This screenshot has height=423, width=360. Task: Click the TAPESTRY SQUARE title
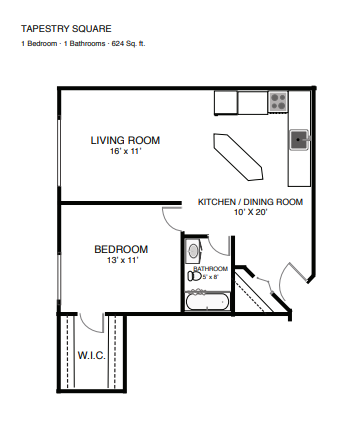[x=66, y=29]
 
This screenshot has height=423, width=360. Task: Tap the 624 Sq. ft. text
[x=128, y=44]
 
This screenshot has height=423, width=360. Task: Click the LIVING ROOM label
[x=125, y=140]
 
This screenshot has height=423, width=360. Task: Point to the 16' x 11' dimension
[x=126, y=151]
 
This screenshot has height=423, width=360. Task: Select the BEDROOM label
[x=121, y=249]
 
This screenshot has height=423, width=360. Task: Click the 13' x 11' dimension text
[x=122, y=260]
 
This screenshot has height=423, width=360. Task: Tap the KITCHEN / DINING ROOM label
[x=250, y=202]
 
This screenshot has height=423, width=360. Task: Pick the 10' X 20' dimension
[x=250, y=212]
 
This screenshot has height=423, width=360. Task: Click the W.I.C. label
[x=92, y=355]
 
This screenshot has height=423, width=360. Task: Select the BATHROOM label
[x=211, y=269]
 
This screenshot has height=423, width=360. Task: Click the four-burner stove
[x=278, y=102]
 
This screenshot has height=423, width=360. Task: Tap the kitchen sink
[x=299, y=140]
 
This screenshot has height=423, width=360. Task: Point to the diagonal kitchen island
[x=238, y=157]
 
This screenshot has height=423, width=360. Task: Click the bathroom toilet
[x=194, y=276]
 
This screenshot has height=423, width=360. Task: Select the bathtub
[x=207, y=302]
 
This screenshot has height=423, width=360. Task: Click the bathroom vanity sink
[x=193, y=251]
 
